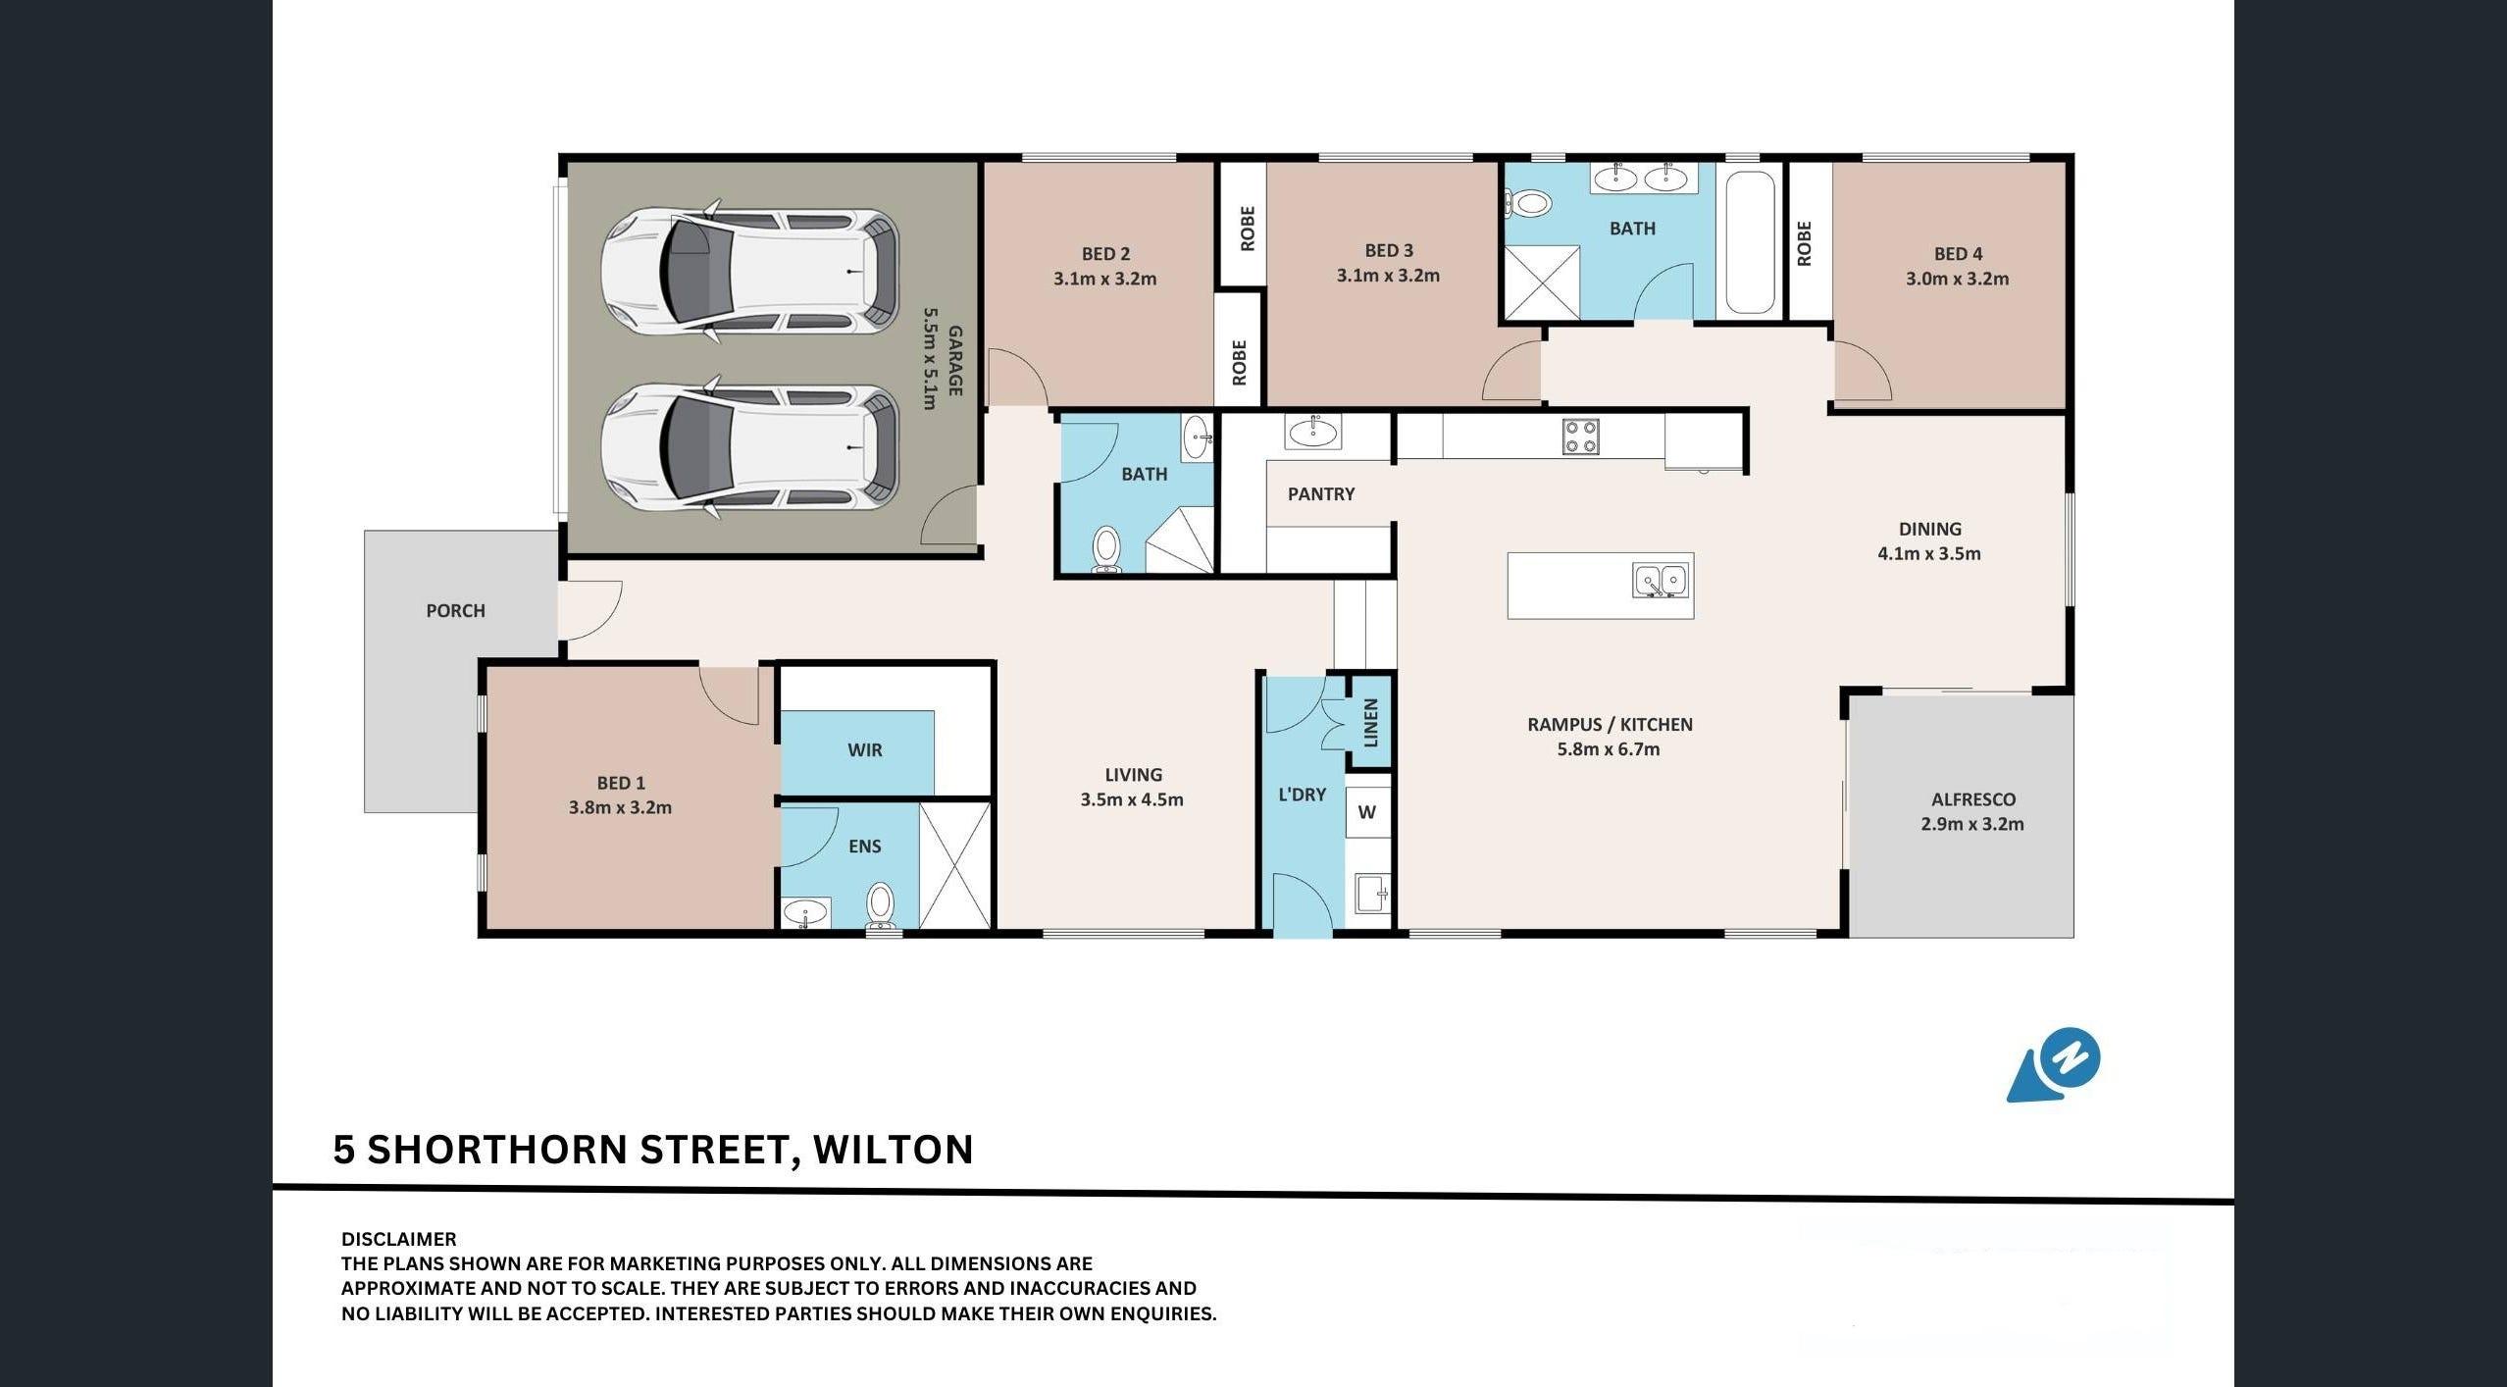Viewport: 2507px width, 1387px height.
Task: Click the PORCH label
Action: click(x=455, y=610)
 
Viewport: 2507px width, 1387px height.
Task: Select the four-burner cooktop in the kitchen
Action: click(x=1580, y=437)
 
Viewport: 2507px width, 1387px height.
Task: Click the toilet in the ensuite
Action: click(x=880, y=905)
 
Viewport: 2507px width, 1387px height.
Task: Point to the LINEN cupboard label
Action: click(x=1371, y=723)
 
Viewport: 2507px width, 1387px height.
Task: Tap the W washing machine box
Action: click(x=1367, y=812)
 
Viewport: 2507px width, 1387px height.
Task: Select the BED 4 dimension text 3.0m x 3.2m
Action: click(x=1957, y=279)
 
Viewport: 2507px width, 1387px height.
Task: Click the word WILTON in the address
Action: click(x=894, y=1149)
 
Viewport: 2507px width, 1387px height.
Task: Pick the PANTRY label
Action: click(x=1320, y=493)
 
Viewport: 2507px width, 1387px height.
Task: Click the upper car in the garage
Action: click(x=749, y=271)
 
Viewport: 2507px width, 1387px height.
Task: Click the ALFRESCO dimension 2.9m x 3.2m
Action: click(x=1971, y=824)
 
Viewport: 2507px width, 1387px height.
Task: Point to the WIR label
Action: click(x=864, y=750)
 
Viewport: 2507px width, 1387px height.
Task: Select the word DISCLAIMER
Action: click(x=398, y=1239)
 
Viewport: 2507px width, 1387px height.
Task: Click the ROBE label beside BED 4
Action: click(x=1804, y=243)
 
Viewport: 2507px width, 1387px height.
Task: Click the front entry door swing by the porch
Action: click(x=592, y=610)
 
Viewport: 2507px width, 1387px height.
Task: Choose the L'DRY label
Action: click(x=1302, y=795)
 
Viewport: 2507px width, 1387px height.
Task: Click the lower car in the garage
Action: click(x=749, y=447)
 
